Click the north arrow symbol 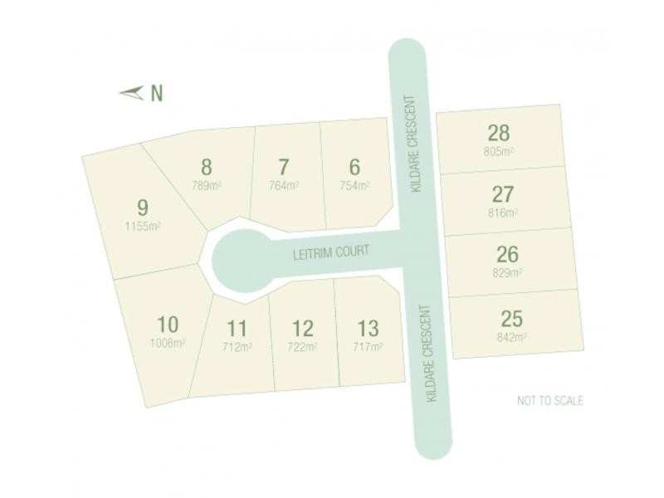pos(131,93)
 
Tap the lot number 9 pos(143,206)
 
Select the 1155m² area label pos(143,226)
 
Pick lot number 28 pos(499,133)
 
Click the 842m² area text pos(512,337)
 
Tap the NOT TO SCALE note pos(549,401)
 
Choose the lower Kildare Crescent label pos(430,354)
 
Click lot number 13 pos(368,328)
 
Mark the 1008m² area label pos(167,343)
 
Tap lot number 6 pos(355,166)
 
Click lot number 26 pos(507,254)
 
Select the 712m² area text pos(237,347)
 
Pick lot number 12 pos(303,328)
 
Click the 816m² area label pos(502,212)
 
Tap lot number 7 pos(284,166)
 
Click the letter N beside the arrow pos(156,93)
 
